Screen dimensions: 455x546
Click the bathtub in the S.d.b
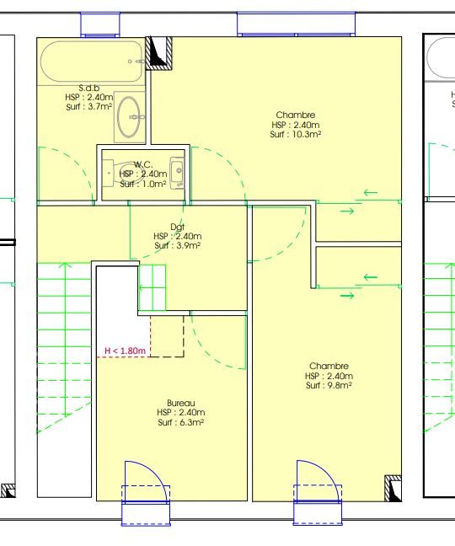[x=92, y=62]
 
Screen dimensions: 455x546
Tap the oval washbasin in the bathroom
[x=129, y=116]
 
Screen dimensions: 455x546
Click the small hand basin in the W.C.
[x=177, y=173]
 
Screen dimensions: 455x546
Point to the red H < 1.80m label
[x=125, y=351]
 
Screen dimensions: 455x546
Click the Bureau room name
[x=180, y=404]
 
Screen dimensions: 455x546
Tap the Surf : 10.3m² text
[x=295, y=135]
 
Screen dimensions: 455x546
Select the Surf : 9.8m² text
[x=329, y=385]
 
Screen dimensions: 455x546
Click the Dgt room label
[x=177, y=227]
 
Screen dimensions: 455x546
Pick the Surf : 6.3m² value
[x=180, y=422]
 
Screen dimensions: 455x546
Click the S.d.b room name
[x=89, y=88]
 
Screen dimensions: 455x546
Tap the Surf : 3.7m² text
[x=89, y=106]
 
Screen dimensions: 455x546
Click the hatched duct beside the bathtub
[x=158, y=53]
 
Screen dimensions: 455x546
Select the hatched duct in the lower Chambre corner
[x=393, y=488]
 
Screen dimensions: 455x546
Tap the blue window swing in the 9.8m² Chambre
[x=318, y=481]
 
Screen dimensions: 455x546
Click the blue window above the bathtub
[x=100, y=24]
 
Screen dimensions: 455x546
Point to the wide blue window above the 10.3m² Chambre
[x=297, y=24]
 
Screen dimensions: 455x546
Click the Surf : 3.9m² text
[x=177, y=245]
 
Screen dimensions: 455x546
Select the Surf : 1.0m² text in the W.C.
[x=143, y=184]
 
